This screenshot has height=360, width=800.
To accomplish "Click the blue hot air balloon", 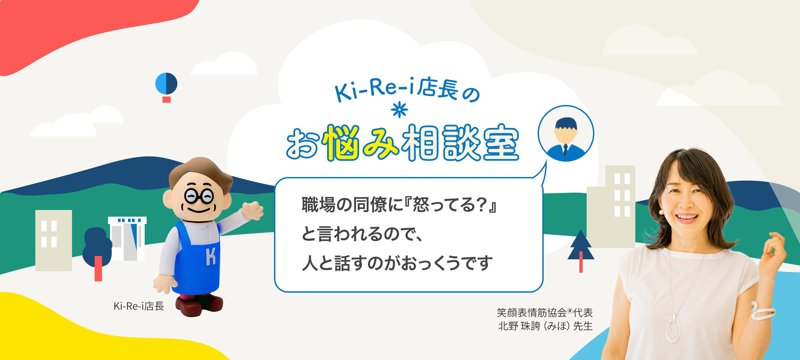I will (166, 84).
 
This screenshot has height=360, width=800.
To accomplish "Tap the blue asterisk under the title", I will (400, 110).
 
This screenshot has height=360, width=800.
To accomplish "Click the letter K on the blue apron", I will (211, 256).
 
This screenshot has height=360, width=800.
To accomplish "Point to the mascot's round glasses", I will (199, 196).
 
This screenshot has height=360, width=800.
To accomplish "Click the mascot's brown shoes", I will (199, 304).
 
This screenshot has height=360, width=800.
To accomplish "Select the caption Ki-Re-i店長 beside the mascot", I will (139, 306).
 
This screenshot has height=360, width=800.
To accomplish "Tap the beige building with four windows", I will (53, 240).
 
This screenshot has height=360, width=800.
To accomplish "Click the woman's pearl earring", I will (661, 212).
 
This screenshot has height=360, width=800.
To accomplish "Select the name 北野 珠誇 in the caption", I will (519, 326).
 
